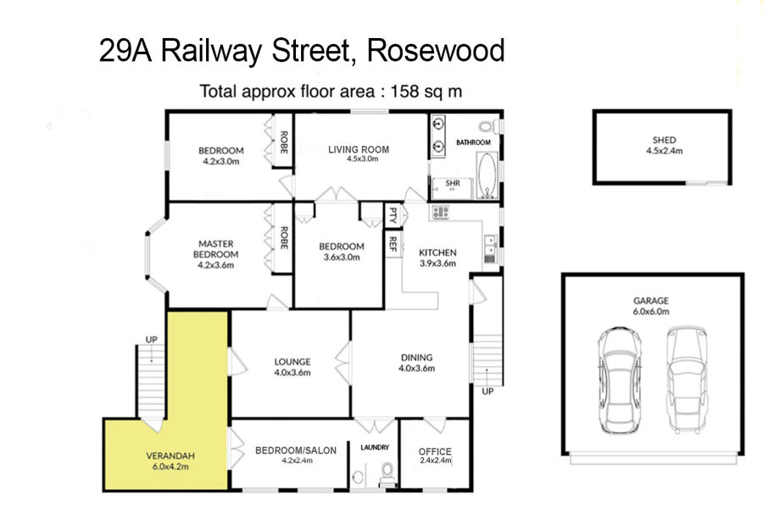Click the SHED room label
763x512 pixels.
click(x=664, y=140)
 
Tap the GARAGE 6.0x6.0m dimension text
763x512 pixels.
click(x=650, y=311)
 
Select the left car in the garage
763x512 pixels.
click(x=619, y=380)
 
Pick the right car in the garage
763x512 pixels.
click(x=687, y=380)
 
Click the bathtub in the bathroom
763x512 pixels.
click(x=487, y=175)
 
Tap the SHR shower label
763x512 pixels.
click(x=453, y=183)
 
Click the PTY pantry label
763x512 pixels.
click(x=393, y=214)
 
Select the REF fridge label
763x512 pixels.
click(x=393, y=244)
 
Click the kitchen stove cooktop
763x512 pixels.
click(x=441, y=212)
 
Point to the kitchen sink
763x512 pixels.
click(x=490, y=248)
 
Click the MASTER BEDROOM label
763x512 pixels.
click(x=215, y=248)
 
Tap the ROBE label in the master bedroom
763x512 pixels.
click(x=284, y=238)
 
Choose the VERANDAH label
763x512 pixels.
click(x=170, y=456)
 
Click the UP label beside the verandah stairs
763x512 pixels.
click(x=152, y=339)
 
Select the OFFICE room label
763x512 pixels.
click(x=435, y=452)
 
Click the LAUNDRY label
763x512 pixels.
click(x=375, y=448)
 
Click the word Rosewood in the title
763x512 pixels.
click(x=436, y=51)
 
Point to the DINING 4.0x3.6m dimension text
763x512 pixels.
click(x=416, y=369)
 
